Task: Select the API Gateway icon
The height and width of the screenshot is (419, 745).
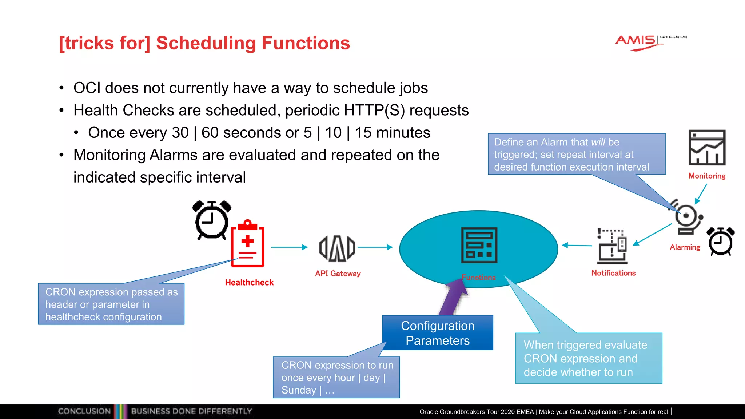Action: click(x=337, y=248)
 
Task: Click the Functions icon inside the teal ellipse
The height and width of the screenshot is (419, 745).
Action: click(x=479, y=245)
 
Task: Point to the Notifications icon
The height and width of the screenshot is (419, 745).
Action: click(x=613, y=246)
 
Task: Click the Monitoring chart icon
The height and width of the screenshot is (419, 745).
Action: click(x=706, y=148)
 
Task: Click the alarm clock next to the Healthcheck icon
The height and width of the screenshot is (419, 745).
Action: click(x=211, y=219)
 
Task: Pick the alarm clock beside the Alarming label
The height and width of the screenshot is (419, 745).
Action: click(x=720, y=241)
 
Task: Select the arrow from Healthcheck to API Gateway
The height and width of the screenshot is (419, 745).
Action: click(x=289, y=247)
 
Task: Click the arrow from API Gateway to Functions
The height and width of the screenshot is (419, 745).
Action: click(x=375, y=247)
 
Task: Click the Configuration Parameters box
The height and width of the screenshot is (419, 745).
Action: click(x=438, y=333)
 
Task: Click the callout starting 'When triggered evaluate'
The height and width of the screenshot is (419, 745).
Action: click(x=588, y=358)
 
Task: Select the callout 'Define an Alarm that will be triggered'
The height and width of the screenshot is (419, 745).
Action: click(x=576, y=154)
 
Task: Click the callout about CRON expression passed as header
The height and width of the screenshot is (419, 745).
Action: click(x=111, y=304)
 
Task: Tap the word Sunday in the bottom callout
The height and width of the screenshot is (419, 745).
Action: click(x=299, y=390)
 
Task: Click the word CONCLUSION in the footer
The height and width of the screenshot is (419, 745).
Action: click(x=84, y=411)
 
